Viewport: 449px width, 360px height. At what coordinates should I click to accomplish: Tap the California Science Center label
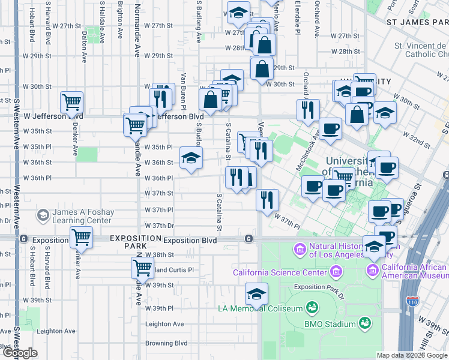[281, 274]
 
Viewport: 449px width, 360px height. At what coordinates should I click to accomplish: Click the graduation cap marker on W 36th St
[191, 158]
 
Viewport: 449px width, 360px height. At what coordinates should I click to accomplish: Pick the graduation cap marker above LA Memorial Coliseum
[256, 294]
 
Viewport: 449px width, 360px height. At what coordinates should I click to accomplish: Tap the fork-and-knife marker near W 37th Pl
[267, 199]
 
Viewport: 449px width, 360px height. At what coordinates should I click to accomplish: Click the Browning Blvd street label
[166, 344]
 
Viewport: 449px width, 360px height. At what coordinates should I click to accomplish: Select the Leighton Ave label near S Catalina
[164, 324]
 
